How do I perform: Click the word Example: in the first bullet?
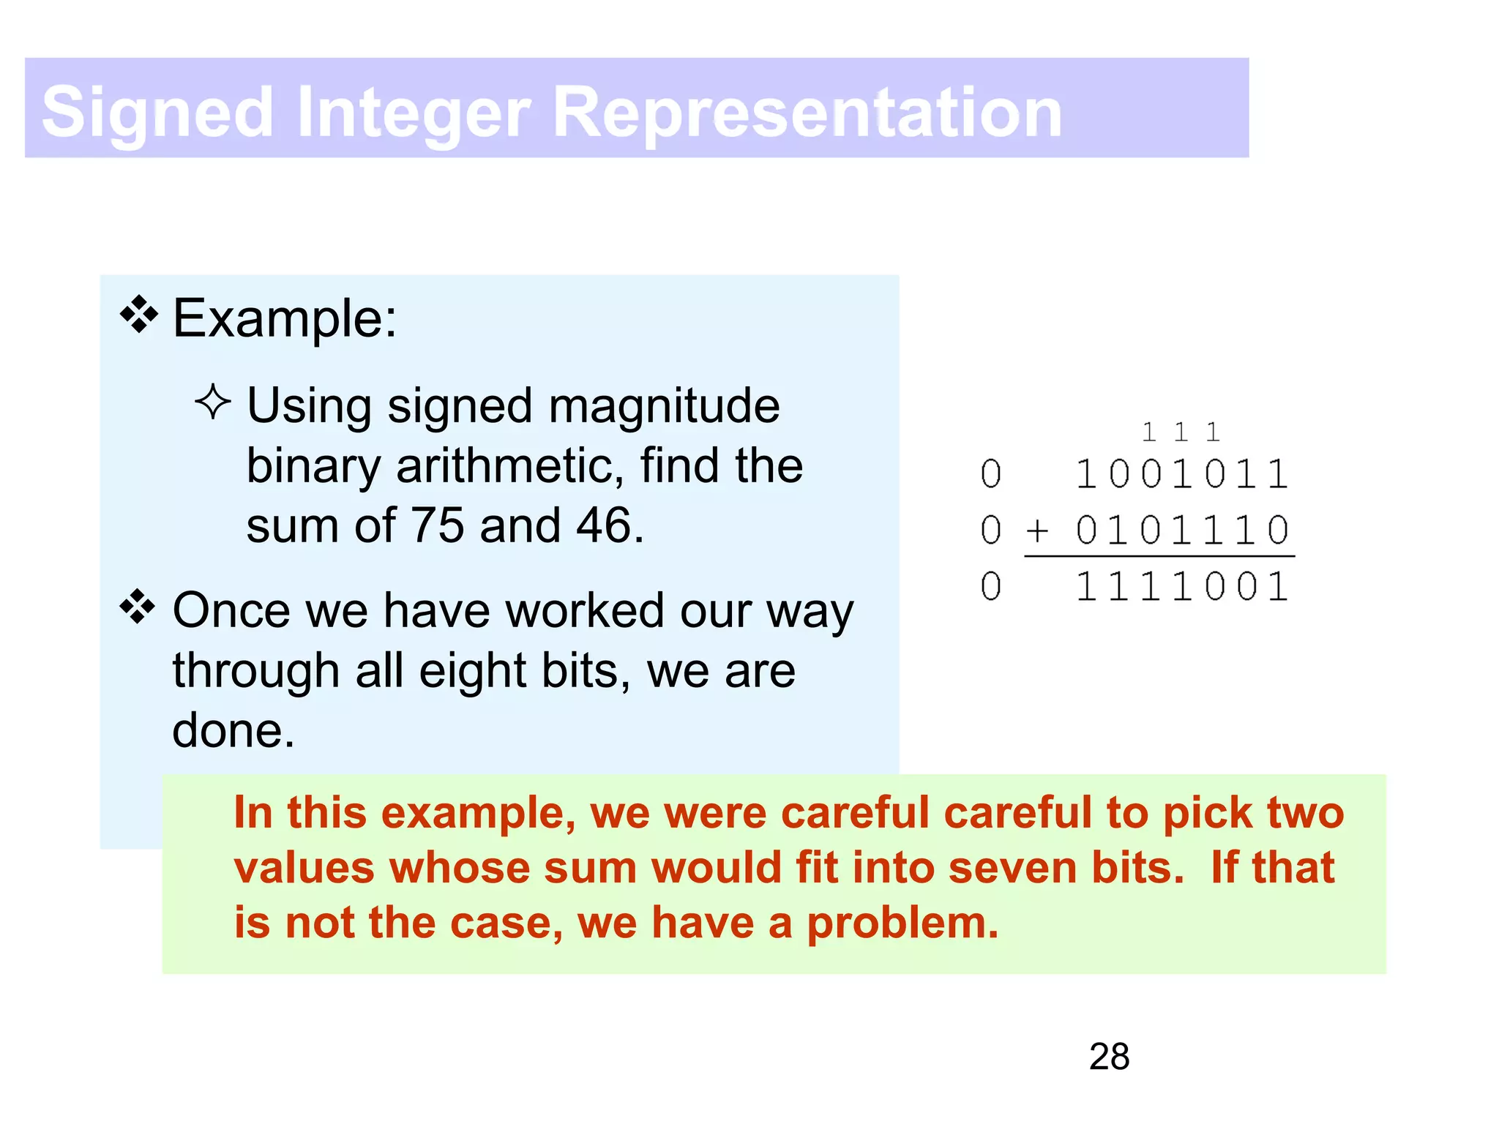tap(285, 319)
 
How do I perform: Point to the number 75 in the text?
tap(437, 525)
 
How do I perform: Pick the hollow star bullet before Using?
tap(213, 402)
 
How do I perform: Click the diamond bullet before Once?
tap(138, 607)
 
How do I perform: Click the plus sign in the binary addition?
tap(1037, 530)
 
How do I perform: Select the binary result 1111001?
tap(1181, 587)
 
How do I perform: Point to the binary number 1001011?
tap(1181, 474)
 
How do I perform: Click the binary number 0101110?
tap(1181, 530)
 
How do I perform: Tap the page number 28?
tap(1109, 1057)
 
